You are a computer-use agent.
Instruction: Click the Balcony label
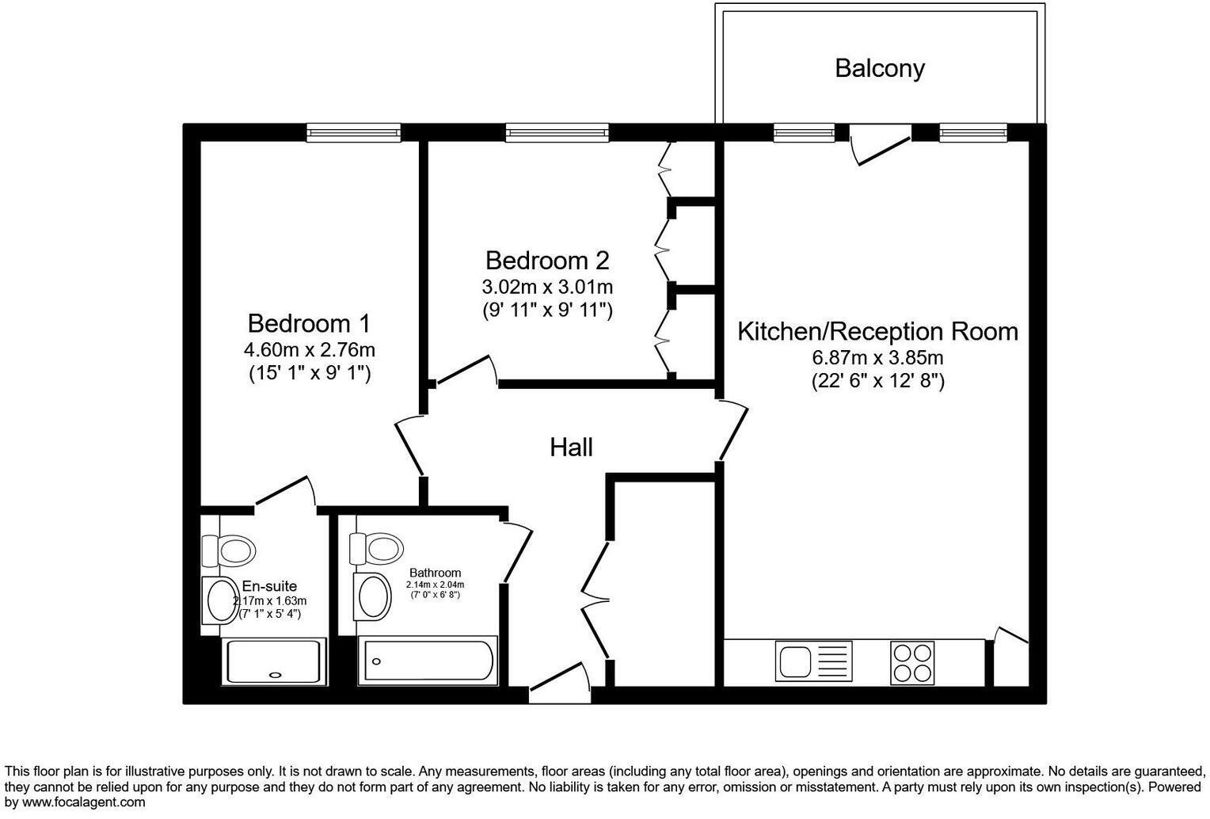click(879, 68)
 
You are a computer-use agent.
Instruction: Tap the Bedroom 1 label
click(309, 323)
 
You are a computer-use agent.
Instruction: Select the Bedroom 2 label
click(547, 260)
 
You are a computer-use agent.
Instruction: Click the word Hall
click(571, 448)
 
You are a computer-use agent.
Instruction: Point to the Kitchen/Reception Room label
click(877, 331)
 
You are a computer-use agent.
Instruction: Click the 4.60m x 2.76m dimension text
click(309, 349)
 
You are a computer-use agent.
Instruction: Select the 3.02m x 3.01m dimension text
click(547, 286)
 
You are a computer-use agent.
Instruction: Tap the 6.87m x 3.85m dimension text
click(877, 357)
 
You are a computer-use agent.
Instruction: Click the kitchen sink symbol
click(813, 661)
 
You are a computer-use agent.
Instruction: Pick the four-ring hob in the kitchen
click(911, 662)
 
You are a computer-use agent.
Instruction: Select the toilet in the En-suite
click(229, 548)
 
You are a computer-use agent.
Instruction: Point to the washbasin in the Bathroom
click(373, 596)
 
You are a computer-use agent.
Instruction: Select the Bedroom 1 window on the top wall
click(354, 132)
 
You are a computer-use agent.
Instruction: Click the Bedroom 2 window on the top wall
click(557, 132)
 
